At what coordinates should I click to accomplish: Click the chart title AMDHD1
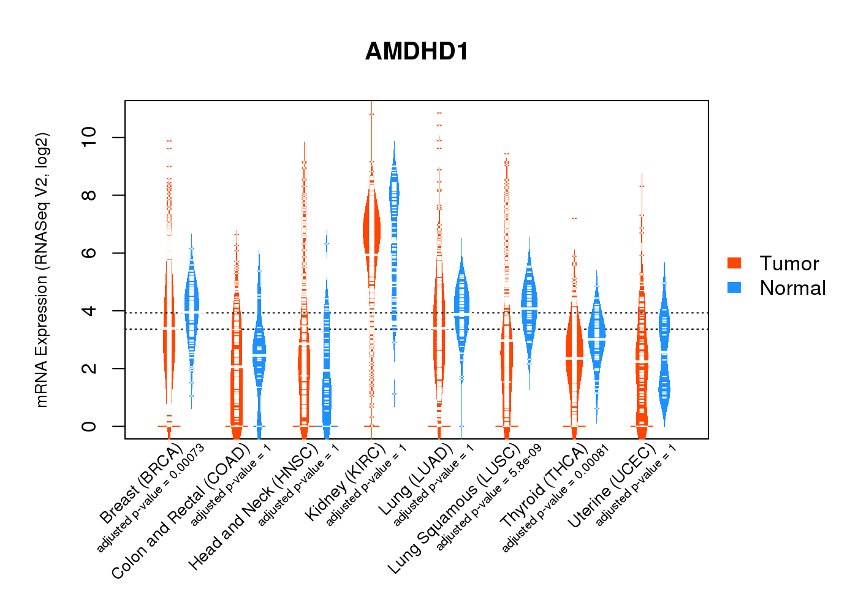[x=417, y=51]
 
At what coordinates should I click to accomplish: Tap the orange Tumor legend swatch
[x=734, y=263]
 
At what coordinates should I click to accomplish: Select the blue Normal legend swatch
[x=734, y=287]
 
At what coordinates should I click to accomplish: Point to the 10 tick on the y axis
[x=89, y=137]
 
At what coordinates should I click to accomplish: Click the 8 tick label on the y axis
[x=89, y=195]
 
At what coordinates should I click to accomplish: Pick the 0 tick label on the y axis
[x=89, y=426]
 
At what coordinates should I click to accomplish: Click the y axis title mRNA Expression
[x=42, y=270]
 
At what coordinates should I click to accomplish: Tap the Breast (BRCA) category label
[x=141, y=484]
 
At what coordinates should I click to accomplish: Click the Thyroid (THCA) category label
[x=544, y=493]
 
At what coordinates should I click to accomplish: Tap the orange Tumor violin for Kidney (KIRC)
[x=371, y=233]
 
